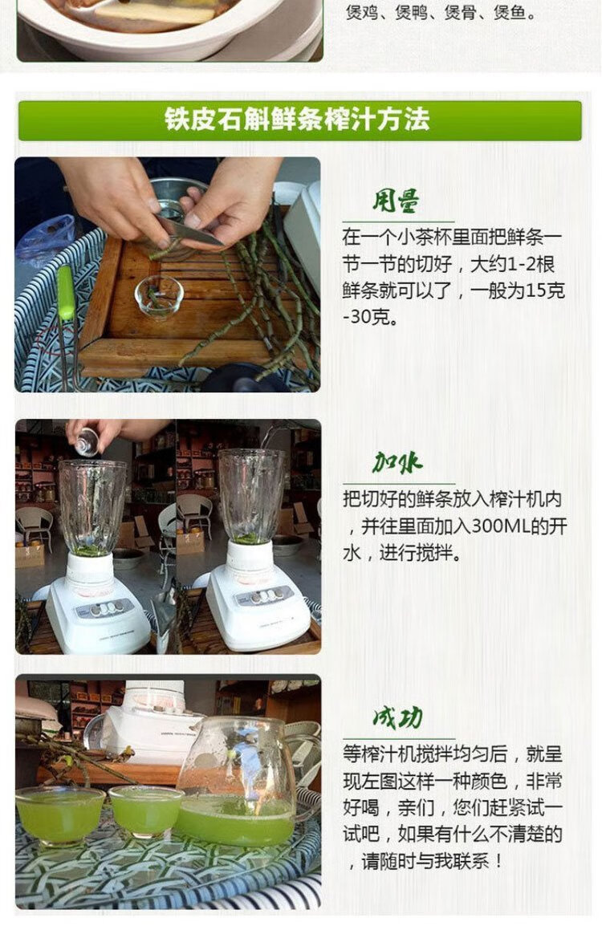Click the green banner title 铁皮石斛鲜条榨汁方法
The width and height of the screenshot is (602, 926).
click(x=297, y=120)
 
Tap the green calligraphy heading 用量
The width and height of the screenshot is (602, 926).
click(x=397, y=201)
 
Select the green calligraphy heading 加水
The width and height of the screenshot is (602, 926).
click(x=397, y=462)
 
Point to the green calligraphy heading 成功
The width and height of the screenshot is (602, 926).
click(x=397, y=717)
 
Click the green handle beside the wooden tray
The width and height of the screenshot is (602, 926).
click(x=66, y=293)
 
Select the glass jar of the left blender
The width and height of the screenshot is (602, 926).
click(x=93, y=507)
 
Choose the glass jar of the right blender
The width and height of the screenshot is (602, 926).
click(x=252, y=495)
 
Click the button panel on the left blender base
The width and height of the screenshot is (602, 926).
click(x=102, y=607)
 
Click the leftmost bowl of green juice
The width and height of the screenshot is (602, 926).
click(x=59, y=816)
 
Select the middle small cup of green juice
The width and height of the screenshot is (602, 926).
click(x=146, y=810)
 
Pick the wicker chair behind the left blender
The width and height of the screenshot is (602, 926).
click(x=35, y=526)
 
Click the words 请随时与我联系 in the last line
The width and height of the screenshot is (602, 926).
click(x=424, y=862)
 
